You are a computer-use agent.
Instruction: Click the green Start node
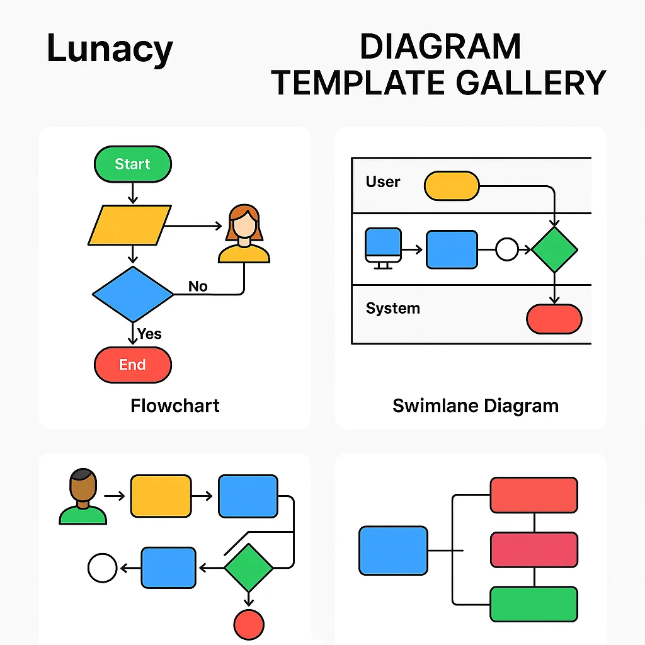click(x=132, y=164)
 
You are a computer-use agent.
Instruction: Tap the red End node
click(x=132, y=365)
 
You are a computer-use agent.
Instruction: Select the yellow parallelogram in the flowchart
click(x=130, y=225)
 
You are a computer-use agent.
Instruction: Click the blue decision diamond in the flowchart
click(x=132, y=294)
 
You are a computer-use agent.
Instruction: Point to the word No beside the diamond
click(x=198, y=287)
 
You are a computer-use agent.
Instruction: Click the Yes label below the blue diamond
click(x=150, y=334)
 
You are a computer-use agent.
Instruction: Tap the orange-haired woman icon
click(x=244, y=234)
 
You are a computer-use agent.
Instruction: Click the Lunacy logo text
click(x=110, y=49)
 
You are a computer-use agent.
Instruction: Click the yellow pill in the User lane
click(x=452, y=186)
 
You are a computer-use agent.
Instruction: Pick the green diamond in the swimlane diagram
click(x=554, y=249)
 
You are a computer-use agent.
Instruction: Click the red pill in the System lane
click(x=554, y=319)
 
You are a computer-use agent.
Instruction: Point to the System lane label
click(x=392, y=309)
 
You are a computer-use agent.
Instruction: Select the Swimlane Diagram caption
click(x=475, y=405)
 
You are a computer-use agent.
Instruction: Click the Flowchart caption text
click(x=175, y=405)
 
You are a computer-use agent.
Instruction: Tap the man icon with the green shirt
click(x=83, y=499)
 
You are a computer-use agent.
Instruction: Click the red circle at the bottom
click(x=249, y=625)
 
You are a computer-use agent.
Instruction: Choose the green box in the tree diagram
click(x=534, y=603)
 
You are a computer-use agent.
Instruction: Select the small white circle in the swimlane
click(x=506, y=249)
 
